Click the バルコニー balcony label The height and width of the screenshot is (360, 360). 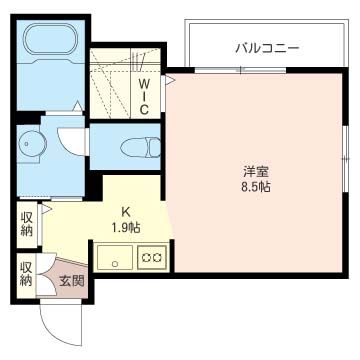pyautogui.click(x=267, y=47)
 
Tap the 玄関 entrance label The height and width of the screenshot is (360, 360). pyautogui.click(x=71, y=281)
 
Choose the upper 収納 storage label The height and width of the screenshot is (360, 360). pyautogui.click(x=27, y=225)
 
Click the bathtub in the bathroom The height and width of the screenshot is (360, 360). pyautogui.click(x=50, y=42)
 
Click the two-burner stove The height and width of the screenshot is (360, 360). pyautogui.click(x=153, y=258)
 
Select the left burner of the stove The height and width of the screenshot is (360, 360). pyautogui.click(x=147, y=258)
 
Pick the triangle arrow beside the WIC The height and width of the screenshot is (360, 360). pyautogui.click(x=170, y=78)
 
